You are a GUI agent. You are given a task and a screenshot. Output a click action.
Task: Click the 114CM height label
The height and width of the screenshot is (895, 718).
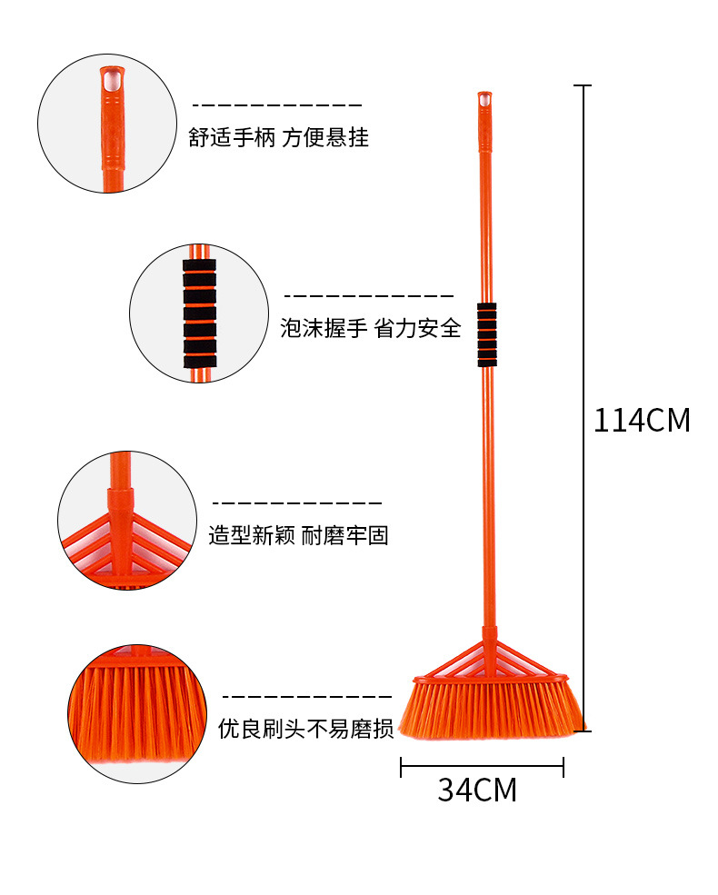(x=642, y=420)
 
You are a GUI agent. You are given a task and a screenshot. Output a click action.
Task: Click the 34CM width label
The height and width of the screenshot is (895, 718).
(x=477, y=790)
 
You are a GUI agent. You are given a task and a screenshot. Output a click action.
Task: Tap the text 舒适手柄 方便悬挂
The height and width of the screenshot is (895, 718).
(x=278, y=137)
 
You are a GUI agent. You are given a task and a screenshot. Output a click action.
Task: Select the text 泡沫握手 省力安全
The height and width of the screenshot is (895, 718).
(x=371, y=328)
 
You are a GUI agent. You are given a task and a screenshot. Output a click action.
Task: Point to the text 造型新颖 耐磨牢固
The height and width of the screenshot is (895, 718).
(x=298, y=535)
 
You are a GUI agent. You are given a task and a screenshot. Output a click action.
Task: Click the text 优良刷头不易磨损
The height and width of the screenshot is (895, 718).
(x=306, y=729)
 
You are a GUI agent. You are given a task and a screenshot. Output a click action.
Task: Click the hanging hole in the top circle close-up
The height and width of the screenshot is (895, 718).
(x=112, y=79)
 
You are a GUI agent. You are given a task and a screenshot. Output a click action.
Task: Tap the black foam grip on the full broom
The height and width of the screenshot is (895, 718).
(x=487, y=334)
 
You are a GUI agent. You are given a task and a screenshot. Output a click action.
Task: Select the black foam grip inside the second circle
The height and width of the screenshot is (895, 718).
(x=200, y=313)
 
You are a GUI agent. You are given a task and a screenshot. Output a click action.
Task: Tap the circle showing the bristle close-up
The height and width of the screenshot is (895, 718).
(x=137, y=714)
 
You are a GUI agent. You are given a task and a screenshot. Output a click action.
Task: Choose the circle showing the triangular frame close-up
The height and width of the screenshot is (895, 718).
(x=127, y=520)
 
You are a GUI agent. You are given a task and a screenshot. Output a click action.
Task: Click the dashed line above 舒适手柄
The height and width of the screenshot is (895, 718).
(x=277, y=105)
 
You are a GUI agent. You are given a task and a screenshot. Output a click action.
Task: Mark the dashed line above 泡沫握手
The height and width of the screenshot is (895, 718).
(x=369, y=295)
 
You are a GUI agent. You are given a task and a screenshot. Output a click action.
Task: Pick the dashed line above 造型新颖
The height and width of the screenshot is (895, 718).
(x=297, y=502)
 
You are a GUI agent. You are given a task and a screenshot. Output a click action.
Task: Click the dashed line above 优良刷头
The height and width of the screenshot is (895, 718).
(x=307, y=696)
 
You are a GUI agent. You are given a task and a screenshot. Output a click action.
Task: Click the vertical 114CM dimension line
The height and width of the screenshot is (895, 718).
(x=583, y=408)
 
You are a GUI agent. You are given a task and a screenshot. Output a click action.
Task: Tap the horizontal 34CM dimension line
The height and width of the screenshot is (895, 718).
(x=483, y=767)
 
